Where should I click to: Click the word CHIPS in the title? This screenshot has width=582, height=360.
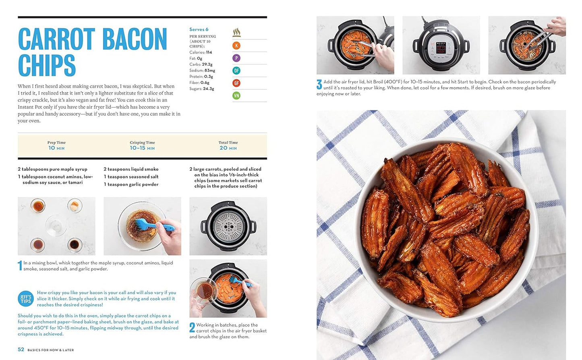(x=47, y=65)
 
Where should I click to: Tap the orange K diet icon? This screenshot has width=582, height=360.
(x=236, y=46)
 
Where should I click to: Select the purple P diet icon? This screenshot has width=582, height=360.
(x=236, y=58)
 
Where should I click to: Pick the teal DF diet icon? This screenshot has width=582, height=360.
(x=236, y=70)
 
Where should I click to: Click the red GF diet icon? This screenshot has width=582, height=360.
(x=236, y=83)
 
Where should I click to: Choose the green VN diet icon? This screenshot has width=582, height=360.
(x=236, y=95)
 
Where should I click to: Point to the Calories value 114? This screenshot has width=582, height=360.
(x=209, y=52)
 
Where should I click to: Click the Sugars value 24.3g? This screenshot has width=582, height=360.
(x=208, y=89)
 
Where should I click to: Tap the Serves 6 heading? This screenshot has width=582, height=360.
(x=199, y=29)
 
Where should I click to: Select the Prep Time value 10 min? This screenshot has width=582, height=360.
(x=56, y=148)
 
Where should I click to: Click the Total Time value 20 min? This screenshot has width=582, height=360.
(x=228, y=148)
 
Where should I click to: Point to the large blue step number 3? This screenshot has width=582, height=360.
(x=319, y=85)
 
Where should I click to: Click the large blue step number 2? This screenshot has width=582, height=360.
(x=192, y=327)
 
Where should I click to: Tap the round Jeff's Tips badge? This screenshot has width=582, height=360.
(x=26, y=299)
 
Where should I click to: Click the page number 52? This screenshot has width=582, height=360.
(x=21, y=350)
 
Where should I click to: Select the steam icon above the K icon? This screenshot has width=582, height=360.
(x=236, y=33)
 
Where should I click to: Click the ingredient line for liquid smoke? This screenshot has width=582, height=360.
(x=131, y=169)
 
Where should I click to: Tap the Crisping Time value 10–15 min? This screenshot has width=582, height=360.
(x=143, y=148)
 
